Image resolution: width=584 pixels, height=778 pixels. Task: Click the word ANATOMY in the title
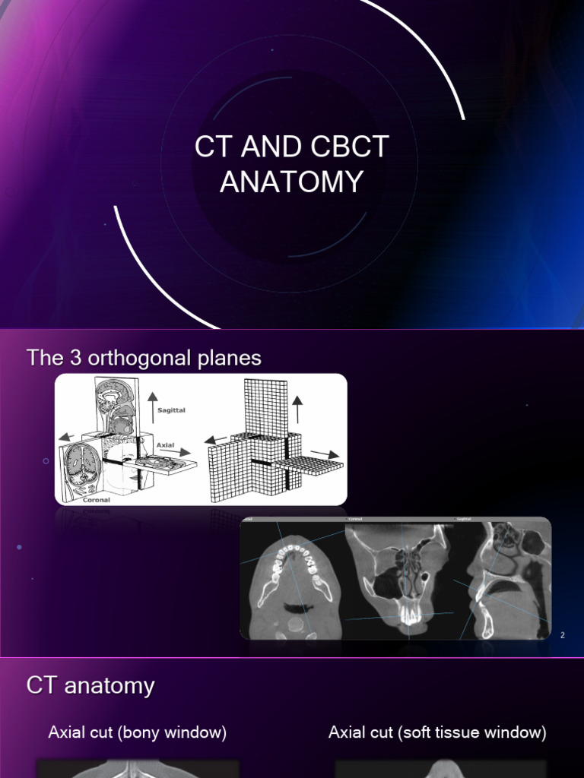292,182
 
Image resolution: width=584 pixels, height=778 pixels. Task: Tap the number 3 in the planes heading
74,358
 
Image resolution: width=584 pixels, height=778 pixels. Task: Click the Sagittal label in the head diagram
170,410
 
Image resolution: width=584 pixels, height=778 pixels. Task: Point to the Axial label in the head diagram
165,445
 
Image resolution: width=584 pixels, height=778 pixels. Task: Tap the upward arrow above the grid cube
297,409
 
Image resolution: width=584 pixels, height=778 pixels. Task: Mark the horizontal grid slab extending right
308,464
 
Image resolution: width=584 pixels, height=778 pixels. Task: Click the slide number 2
563,635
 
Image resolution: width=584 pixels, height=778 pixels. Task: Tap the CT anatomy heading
90,686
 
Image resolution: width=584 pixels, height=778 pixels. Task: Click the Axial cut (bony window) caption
137,733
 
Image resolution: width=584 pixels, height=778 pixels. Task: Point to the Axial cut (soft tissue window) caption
437,733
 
